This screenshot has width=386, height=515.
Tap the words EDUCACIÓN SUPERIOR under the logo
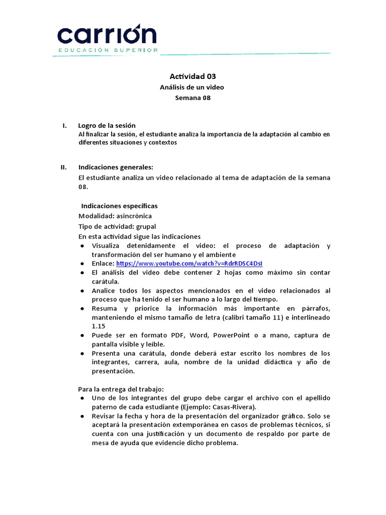click(x=108, y=50)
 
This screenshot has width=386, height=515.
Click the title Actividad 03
click(x=192, y=76)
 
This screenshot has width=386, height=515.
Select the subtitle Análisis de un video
click(x=192, y=88)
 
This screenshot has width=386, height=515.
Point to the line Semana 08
click(x=192, y=98)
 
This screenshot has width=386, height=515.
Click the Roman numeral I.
click(x=64, y=125)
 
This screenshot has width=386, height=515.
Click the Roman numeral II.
click(x=63, y=167)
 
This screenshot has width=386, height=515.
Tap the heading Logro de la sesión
click(x=107, y=125)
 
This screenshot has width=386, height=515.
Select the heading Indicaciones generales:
click(x=116, y=167)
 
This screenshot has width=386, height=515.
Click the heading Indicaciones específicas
click(x=119, y=206)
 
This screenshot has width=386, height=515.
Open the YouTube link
click(x=189, y=264)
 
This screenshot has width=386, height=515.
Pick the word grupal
click(x=139, y=226)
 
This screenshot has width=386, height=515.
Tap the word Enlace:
click(x=103, y=264)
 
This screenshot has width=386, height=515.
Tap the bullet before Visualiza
click(x=82, y=246)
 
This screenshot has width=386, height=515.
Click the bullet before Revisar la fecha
click(x=82, y=416)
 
